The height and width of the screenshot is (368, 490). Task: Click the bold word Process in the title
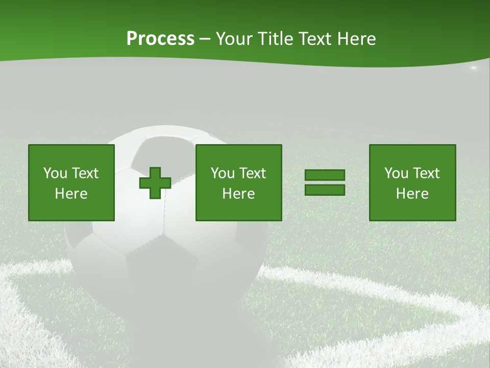coord(160,38)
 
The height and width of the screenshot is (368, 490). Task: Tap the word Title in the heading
coord(275,38)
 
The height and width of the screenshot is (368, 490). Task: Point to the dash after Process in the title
coord(205,39)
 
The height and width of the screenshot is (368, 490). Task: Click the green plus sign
coord(155,183)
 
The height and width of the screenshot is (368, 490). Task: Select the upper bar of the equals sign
coord(325,175)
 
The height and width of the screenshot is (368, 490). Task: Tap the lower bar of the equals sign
coord(325,190)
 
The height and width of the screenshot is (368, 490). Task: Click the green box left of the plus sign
coord(71,183)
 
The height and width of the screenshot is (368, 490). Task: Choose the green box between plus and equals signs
coord(239,183)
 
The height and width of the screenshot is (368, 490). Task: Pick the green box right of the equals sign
coord(412,183)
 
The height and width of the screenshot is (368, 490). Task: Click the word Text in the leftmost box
coord(85,173)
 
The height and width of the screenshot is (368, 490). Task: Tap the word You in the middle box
coord(223,173)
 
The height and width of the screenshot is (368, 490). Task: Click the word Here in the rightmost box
coord(412,194)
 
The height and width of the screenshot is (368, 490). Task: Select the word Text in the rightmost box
coord(426,173)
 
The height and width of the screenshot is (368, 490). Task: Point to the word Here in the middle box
coord(239,194)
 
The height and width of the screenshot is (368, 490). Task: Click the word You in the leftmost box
coord(55,173)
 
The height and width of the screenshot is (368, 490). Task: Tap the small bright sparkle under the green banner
coord(474,67)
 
